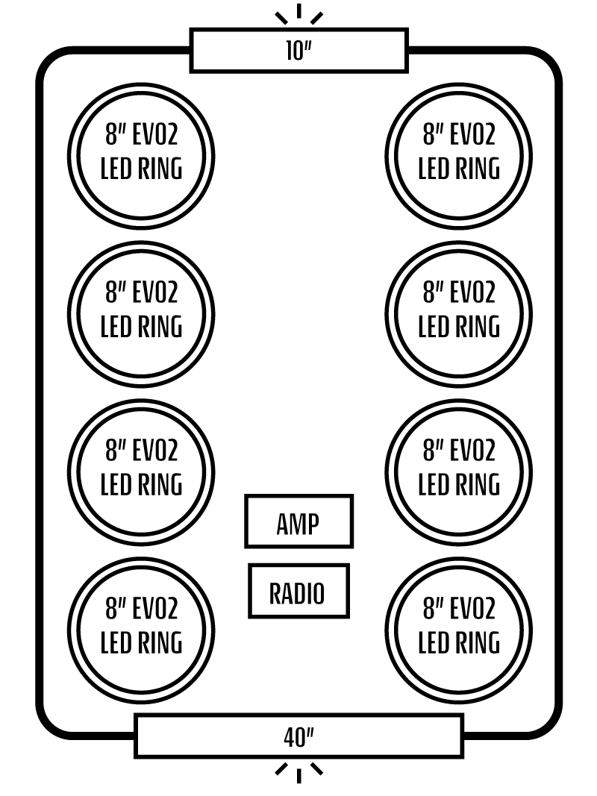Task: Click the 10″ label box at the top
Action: click(x=298, y=51)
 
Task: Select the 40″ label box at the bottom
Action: click(x=298, y=736)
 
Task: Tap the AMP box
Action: click(x=298, y=521)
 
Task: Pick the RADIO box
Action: click(x=298, y=591)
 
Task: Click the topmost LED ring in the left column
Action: click(x=141, y=156)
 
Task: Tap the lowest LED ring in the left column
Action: click(x=141, y=630)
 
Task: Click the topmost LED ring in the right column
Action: click(x=458, y=156)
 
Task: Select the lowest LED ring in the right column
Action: click(x=458, y=630)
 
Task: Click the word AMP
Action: click(x=298, y=524)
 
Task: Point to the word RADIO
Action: click(x=297, y=594)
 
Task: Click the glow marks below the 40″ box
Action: click(x=298, y=771)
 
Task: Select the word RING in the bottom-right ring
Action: click(x=478, y=643)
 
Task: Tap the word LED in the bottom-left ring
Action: click(x=118, y=643)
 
